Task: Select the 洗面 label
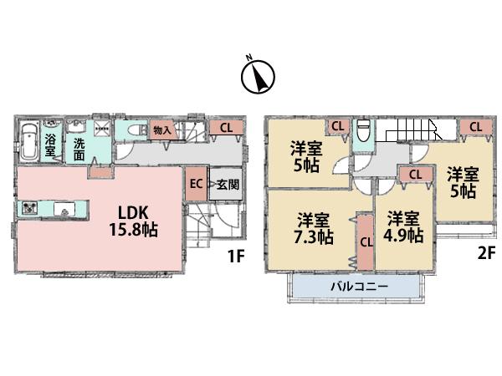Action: point(79,149)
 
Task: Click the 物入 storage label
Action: point(161,130)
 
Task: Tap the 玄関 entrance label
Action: point(224,185)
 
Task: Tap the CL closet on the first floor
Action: point(227,128)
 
